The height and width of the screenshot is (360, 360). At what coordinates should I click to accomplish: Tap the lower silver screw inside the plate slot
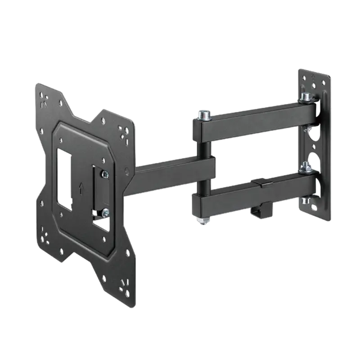click(105, 211)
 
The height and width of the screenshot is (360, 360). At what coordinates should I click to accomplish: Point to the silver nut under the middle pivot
click(202, 220)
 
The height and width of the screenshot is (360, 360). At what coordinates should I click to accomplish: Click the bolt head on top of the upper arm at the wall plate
click(306, 97)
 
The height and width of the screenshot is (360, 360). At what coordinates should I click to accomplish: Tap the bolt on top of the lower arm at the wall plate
click(306, 167)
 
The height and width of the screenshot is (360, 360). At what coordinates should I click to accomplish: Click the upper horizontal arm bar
click(256, 119)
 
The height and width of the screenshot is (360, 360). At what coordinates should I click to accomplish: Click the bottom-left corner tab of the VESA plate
click(45, 238)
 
